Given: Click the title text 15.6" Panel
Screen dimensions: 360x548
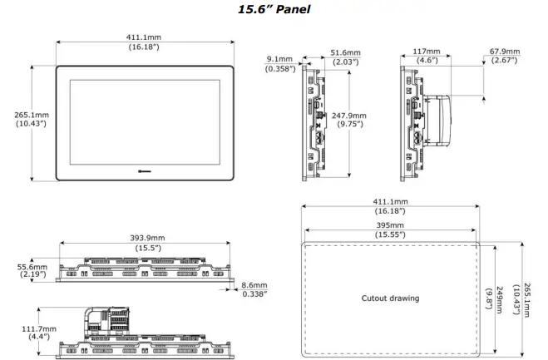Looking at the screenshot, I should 274,9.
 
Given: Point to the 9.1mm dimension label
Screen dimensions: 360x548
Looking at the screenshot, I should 279,59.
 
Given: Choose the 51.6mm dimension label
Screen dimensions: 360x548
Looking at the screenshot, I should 345,52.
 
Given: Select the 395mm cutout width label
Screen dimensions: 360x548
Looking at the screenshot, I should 390,225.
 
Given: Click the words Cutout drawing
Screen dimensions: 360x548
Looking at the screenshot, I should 390,298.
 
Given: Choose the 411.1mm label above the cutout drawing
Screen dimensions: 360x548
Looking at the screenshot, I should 390,202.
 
